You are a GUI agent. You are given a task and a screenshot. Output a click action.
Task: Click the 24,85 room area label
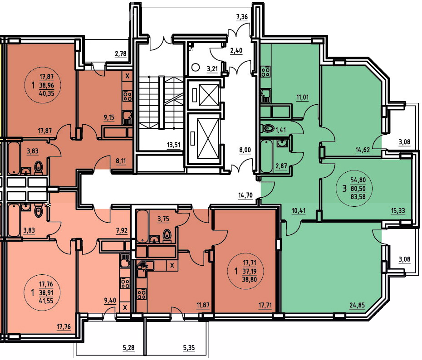(358, 305)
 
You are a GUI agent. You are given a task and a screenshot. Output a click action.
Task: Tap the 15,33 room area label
(398, 211)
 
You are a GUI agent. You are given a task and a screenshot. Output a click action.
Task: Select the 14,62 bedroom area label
(363, 150)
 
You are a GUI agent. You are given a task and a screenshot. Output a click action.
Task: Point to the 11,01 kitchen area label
(302, 97)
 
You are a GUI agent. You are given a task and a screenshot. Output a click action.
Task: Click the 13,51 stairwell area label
(174, 145)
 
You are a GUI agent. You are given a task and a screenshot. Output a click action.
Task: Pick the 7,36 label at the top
(242, 17)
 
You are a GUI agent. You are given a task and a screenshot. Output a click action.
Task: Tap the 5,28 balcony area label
(128, 348)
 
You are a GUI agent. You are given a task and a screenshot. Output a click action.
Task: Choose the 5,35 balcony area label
(189, 348)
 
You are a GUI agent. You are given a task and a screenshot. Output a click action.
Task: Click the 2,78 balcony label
(121, 54)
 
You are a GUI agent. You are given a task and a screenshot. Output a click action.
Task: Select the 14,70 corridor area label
(245, 195)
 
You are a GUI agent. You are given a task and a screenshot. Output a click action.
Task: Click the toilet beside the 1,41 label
(267, 128)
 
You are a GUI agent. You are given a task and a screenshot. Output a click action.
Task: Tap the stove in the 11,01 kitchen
(266, 72)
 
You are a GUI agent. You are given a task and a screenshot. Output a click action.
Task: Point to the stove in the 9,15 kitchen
(128, 96)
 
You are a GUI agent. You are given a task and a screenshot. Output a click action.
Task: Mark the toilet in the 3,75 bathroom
(167, 236)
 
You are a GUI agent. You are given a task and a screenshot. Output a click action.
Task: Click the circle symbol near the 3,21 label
(196, 67)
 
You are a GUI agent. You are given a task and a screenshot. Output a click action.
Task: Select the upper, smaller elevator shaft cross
(209, 95)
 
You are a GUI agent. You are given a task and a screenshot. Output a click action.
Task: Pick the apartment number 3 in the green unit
(344, 189)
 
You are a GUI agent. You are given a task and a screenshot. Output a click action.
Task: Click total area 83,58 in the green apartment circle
(358, 196)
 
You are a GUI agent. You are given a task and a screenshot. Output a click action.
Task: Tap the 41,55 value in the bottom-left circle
(46, 301)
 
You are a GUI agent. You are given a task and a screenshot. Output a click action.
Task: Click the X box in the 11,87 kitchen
(172, 266)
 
